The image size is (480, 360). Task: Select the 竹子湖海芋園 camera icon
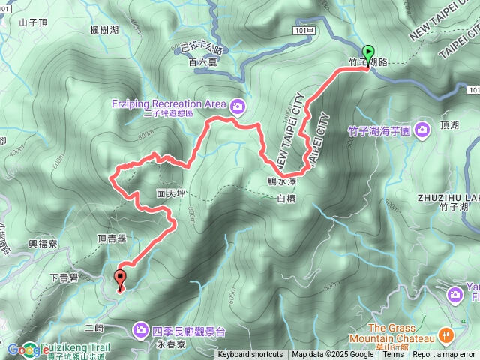point(421,130)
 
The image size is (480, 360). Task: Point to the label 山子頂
point(34,23)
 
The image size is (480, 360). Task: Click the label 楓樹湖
point(103,30)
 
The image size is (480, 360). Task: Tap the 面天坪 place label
point(171,193)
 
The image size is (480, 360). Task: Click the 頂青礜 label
point(112,238)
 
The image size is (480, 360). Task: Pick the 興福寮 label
point(43,244)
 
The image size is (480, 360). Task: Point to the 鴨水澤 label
point(282,181)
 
